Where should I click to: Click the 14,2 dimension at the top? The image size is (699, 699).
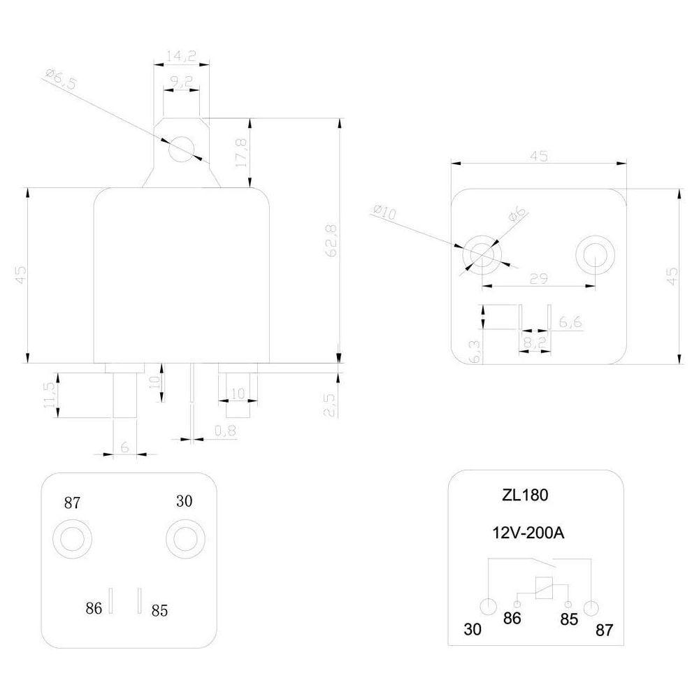point(181,56)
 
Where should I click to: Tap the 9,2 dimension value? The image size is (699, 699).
point(181,82)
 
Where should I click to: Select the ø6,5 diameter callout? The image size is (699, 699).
point(61,79)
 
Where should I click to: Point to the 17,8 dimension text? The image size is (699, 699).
point(241,152)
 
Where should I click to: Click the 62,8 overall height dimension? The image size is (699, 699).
point(331,240)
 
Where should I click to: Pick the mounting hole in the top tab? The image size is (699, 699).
point(181,149)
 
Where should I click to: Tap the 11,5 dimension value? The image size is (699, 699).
point(50,395)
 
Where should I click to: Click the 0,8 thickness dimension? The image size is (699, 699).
point(225,431)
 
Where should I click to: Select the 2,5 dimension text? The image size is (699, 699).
point(329,405)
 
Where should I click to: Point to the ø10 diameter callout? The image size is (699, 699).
point(384,212)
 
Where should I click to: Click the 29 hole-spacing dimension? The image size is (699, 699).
point(538,279)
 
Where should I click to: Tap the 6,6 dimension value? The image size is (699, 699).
point(570,322)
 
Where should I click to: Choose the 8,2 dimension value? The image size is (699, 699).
point(535,342)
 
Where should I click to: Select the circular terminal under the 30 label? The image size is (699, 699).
point(185,538)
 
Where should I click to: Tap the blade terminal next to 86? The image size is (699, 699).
point(111,600)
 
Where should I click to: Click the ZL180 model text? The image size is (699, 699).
point(525,495)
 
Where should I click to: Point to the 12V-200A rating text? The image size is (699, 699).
point(528,533)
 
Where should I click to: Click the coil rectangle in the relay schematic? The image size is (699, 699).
point(544,588)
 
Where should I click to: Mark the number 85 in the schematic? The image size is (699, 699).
point(569,619)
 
